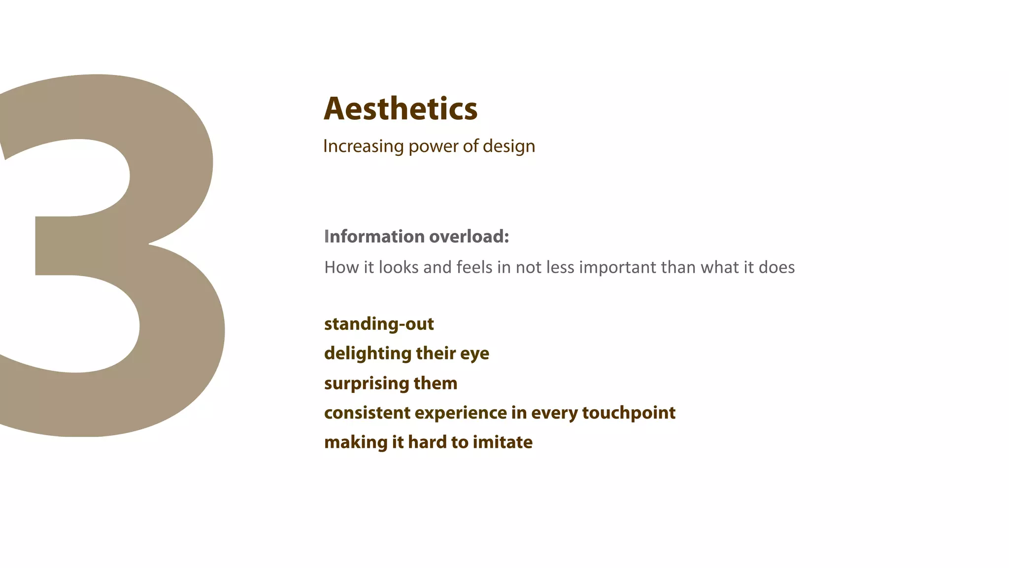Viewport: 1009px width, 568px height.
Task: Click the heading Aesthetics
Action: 400,109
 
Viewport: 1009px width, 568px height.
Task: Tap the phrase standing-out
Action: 379,324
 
